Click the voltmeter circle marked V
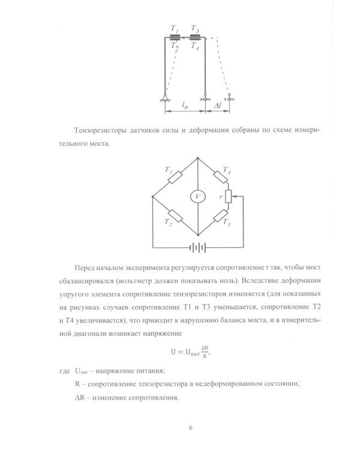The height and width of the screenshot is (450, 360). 197,196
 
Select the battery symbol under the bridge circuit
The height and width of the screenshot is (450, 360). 197,247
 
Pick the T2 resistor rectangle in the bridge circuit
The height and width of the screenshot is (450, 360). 175,215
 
